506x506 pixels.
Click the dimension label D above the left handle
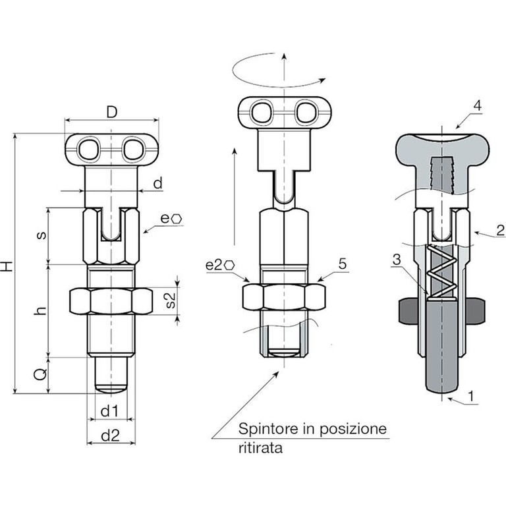[111, 113]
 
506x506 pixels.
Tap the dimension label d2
[111, 436]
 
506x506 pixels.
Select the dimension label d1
[110, 412]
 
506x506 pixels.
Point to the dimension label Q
[41, 374]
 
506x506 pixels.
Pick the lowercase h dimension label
[42, 310]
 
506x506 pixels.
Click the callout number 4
[477, 105]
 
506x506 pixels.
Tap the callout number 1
[472, 396]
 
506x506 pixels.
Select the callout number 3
[397, 260]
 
